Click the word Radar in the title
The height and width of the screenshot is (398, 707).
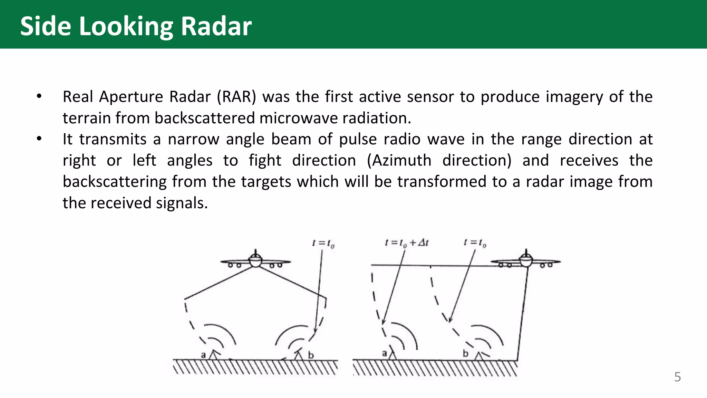click(216, 26)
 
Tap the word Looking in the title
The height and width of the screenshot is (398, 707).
click(126, 27)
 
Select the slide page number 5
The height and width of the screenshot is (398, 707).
click(677, 377)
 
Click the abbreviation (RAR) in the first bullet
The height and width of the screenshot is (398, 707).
click(236, 97)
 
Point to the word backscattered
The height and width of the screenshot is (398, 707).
click(205, 118)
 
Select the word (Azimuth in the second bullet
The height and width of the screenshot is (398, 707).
click(399, 161)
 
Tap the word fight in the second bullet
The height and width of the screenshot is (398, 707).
click(265, 161)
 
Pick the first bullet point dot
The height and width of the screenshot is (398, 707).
click(39, 96)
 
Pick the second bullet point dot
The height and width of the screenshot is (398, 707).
click(39, 139)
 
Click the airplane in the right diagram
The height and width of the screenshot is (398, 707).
click(526, 260)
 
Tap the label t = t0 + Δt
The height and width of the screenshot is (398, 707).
click(407, 243)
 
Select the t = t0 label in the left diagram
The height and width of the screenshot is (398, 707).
click(323, 244)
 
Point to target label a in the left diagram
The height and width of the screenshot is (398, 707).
click(203, 355)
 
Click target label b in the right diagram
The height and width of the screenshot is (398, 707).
click(466, 353)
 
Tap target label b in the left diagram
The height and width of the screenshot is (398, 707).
click(311, 355)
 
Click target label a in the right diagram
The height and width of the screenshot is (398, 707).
click(385, 353)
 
